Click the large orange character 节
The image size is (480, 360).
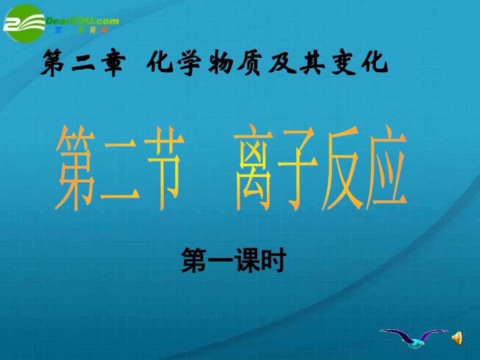(x=159, y=169)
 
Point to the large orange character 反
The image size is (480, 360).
(x=349, y=169)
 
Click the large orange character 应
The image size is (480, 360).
(x=390, y=169)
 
